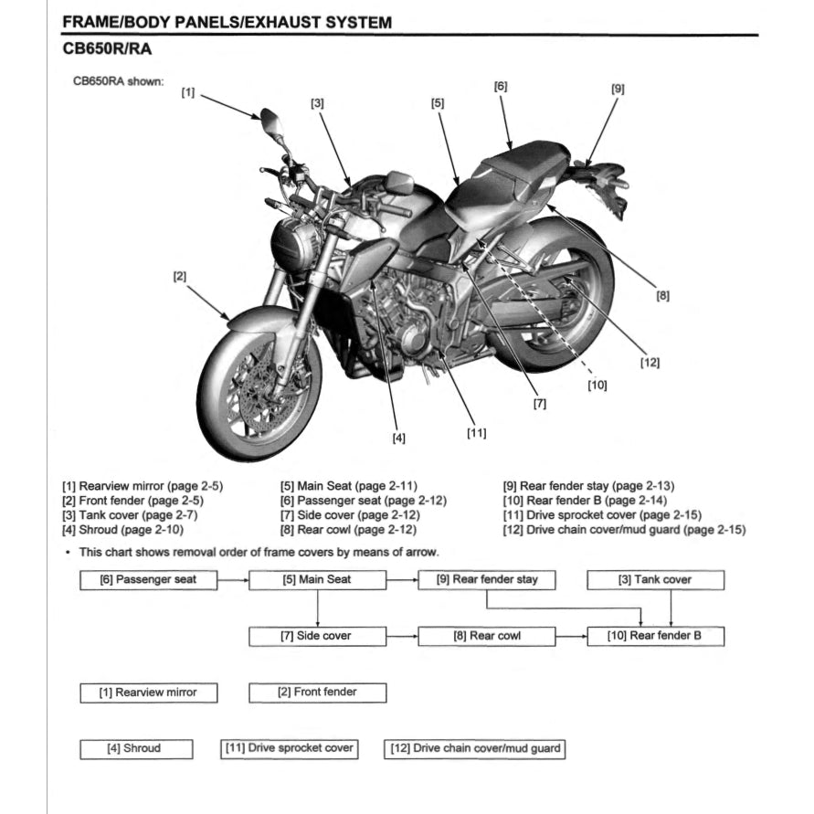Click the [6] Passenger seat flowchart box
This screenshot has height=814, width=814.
(147, 579)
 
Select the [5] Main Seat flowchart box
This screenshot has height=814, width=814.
(316, 579)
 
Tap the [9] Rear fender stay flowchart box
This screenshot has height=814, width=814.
(486, 579)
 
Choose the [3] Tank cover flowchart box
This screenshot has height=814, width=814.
(655, 579)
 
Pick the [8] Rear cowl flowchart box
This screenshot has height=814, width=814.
(486, 636)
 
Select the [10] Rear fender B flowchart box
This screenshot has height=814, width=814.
(655, 636)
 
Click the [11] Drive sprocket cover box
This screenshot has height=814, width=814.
(289, 748)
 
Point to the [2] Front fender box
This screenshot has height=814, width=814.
(316, 692)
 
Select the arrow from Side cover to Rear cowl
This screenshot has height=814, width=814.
(402, 636)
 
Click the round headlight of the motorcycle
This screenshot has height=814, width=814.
(295, 244)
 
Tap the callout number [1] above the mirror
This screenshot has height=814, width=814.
(188, 92)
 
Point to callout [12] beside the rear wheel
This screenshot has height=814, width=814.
(650, 362)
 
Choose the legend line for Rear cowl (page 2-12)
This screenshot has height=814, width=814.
(348, 529)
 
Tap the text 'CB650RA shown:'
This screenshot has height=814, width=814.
(118, 80)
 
